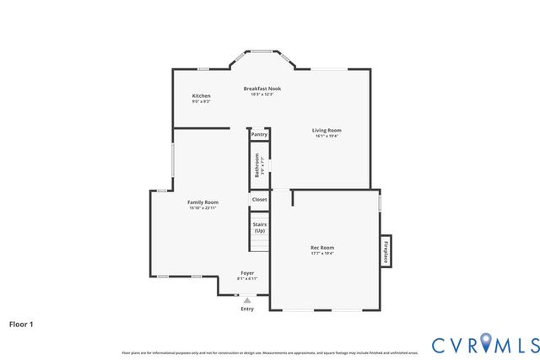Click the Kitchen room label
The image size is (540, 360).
tap(201, 96)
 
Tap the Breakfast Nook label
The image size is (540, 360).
tap(262, 89)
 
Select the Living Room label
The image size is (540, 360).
tap(327, 130)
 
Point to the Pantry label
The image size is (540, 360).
tap(259, 134)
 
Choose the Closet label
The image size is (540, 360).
tap(259, 200)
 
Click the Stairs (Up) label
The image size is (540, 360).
tap(259, 228)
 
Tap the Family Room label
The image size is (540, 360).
tap(202, 202)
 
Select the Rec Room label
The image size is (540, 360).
tap(322, 247)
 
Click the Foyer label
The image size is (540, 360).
tap(247, 273)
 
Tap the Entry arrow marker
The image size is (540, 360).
tap(247, 299)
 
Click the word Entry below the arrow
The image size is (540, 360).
tap(247, 309)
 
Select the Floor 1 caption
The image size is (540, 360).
tap(22, 323)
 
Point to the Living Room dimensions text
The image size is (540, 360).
tap(327, 136)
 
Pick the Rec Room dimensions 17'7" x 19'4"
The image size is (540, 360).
tap(322, 253)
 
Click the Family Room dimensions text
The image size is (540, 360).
tap(202, 208)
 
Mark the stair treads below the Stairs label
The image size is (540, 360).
tap(259, 244)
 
